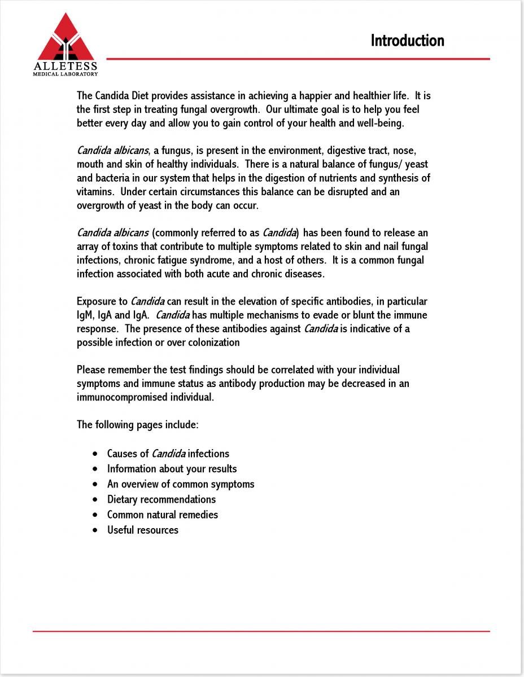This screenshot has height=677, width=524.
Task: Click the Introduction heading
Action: click(x=407, y=41)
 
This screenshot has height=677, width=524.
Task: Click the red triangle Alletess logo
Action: click(x=66, y=39)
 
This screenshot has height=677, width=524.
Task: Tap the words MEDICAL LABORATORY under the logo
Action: click(x=65, y=73)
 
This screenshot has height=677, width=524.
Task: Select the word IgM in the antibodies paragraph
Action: click(x=83, y=315)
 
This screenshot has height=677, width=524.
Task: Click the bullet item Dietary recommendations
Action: click(x=161, y=499)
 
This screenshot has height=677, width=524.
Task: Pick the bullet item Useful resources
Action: click(x=143, y=530)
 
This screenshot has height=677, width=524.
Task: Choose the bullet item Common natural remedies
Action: click(x=163, y=515)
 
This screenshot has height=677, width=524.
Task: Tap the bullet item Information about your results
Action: click(x=172, y=469)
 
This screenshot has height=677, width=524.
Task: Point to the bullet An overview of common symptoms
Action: click(x=181, y=484)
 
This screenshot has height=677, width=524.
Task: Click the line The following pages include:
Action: click(x=137, y=424)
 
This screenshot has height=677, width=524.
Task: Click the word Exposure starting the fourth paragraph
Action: click(x=102, y=301)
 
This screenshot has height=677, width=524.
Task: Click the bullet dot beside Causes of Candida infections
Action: click(x=94, y=454)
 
